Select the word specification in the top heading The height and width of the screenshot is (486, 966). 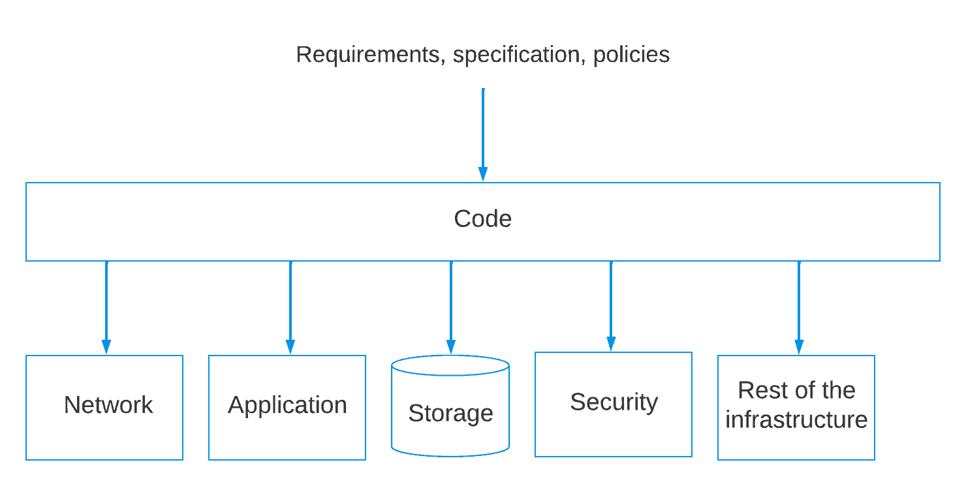click(x=516, y=55)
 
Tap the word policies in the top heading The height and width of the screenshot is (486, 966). click(x=631, y=55)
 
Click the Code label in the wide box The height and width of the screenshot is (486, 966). click(x=482, y=219)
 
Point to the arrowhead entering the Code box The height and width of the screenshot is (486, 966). click(x=483, y=174)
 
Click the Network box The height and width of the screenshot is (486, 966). click(x=104, y=407)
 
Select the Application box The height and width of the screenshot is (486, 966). click(x=287, y=407)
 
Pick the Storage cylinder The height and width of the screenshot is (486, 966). click(x=450, y=414)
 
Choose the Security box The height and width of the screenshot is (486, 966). click(x=614, y=404)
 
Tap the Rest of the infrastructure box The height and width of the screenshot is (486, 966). click(x=796, y=407)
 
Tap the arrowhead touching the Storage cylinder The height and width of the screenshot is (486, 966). click(x=451, y=348)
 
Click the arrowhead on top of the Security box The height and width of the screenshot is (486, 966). click(x=611, y=344)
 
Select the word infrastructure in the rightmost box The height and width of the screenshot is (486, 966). click(x=796, y=419)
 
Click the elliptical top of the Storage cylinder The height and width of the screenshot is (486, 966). click(x=450, y=366)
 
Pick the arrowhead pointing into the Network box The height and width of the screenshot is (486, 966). click(x=106, y=347)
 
